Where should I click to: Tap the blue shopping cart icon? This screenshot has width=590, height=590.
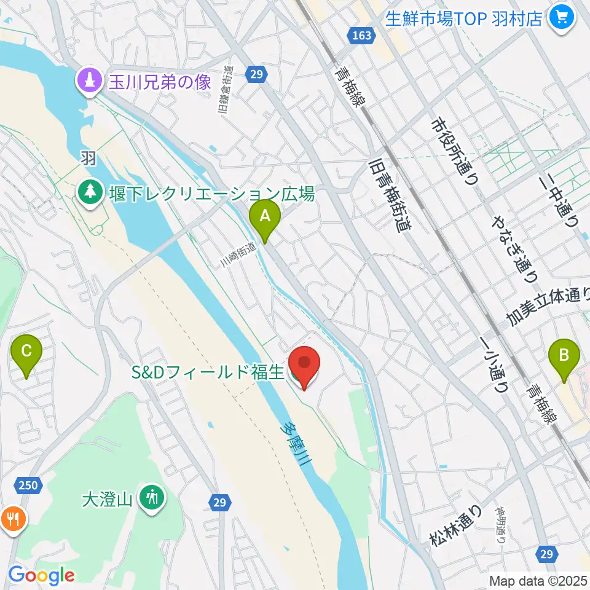561,17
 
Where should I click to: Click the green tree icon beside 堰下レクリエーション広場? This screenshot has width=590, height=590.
91,192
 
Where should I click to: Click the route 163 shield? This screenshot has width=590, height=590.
362,35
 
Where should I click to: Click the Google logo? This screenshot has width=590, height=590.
41,575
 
